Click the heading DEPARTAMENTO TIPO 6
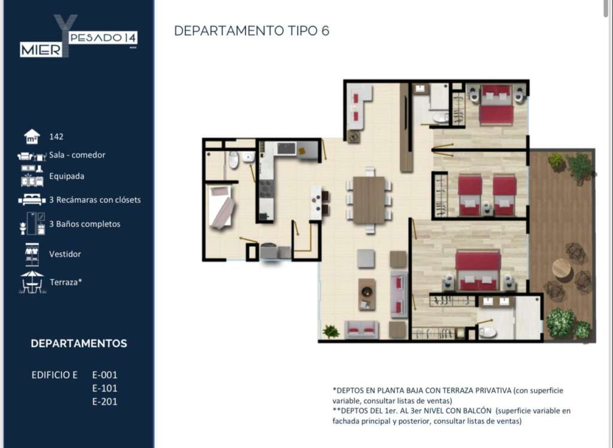point(251,31)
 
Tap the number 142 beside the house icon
point(56,137)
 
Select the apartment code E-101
point(105,388)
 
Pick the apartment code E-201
point(105,401)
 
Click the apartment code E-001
point(105,375)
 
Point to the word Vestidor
point(65,254)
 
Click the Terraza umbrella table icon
point(32,281)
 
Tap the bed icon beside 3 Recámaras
point(32,199)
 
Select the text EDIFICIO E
point(54,375)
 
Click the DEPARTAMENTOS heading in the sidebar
point(79,344)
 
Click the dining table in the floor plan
point(369,200)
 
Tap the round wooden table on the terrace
point(562,268)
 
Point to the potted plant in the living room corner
point(330,332)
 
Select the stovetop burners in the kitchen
point(266,188)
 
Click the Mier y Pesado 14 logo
point(78,36)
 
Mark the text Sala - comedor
point(77,155)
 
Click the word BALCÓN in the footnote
point(477,410)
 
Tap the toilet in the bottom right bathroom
point(487,332)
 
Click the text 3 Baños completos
point(85,224)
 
